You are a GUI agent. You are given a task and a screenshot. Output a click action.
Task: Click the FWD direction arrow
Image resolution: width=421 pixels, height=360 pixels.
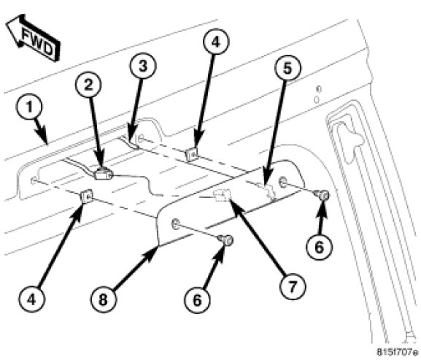(33, 37)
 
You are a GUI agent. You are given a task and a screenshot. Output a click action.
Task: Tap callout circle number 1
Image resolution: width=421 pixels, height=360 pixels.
(29, 107)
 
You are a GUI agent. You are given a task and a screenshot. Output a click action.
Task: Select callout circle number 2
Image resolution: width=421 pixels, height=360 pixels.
(88, 85)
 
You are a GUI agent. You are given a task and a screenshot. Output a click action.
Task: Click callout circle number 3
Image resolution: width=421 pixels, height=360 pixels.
(142, 66)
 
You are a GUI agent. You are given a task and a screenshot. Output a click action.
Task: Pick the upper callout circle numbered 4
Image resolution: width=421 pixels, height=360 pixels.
(216, 42)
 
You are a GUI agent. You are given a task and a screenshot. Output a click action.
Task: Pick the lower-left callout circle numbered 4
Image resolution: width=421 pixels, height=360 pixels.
(31, 299)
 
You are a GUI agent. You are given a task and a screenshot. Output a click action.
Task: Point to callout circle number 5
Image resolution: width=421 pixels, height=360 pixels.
(287, 68)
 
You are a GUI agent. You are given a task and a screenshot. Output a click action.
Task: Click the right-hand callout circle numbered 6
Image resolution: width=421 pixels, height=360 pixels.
(320, 247)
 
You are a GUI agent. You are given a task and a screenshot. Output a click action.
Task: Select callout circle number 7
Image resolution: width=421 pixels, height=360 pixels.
(293, 286)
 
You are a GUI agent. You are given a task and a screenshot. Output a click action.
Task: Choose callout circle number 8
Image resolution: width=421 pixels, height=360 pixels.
(104, 299)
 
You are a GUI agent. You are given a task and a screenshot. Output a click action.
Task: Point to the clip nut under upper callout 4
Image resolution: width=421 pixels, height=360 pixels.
(191, 154)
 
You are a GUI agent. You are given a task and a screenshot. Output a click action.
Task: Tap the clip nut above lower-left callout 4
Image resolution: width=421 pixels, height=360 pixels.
(87, 196)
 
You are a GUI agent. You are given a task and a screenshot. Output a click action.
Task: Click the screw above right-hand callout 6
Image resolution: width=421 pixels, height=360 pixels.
(322, 195)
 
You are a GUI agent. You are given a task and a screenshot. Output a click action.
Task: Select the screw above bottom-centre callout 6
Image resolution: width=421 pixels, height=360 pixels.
(225, 240)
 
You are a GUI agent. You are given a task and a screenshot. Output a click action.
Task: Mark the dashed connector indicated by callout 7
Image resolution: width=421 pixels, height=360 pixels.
(222, 194)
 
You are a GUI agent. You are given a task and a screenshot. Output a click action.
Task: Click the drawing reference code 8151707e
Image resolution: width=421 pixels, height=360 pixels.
(398, 352)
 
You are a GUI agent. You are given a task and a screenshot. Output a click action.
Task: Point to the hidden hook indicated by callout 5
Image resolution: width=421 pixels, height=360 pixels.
(268, 190)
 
